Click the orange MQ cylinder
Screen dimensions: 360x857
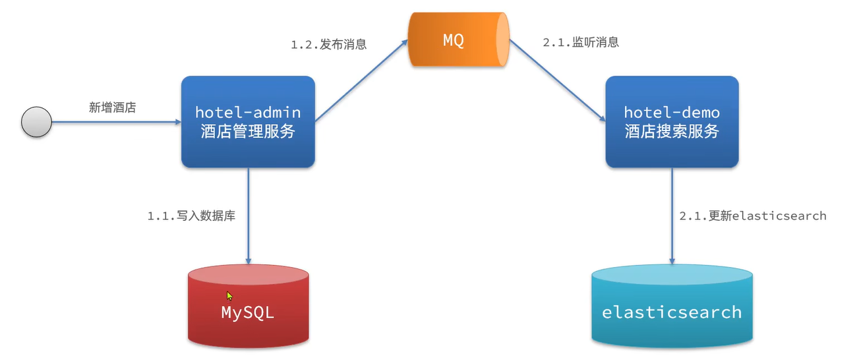[459, 40]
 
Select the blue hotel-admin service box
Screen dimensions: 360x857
[248, 121]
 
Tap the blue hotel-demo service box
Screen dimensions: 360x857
[672, 121]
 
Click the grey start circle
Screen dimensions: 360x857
[36, 122]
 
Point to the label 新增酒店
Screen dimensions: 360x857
[112, 107]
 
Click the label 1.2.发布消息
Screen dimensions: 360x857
[328, 45]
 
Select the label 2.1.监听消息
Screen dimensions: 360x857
[581, 42]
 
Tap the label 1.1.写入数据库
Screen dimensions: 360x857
[191, 216]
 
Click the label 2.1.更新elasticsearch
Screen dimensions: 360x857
[752, 216]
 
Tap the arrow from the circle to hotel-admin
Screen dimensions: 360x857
[115, 122]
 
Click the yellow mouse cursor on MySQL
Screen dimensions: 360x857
[229, 296]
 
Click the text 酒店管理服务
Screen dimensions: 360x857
[248, 131]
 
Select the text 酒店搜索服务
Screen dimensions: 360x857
[672, 131]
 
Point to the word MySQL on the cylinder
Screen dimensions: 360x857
[248, 312]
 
